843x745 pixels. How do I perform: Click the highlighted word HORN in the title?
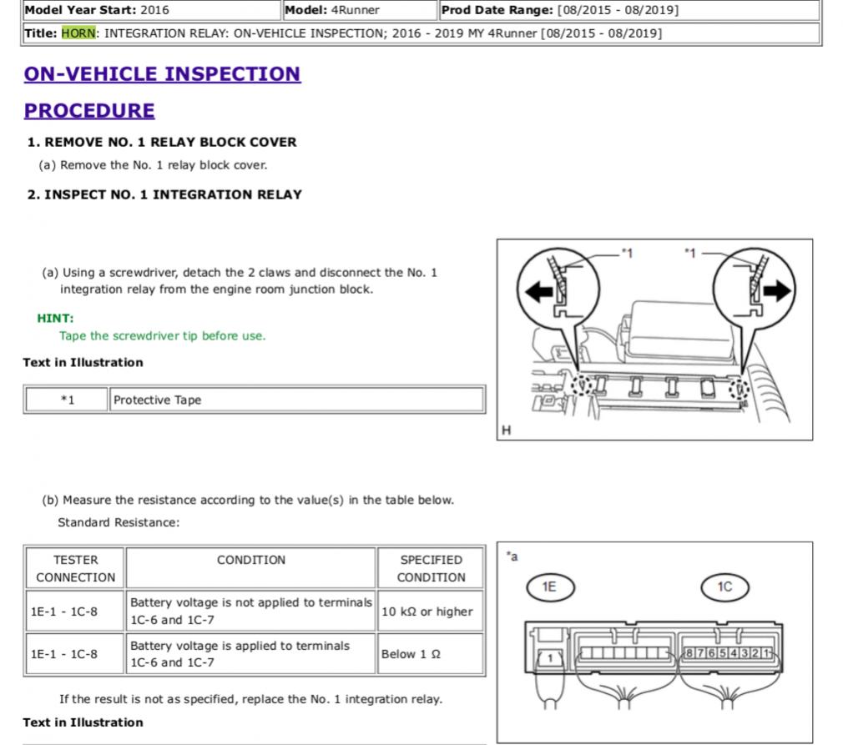(78, 33)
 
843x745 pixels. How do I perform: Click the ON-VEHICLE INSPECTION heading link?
(163, 74)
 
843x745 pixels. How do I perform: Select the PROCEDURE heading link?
(89, 111)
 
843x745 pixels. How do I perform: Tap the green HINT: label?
(55, 318)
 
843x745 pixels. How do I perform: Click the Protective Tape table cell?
(296, 400)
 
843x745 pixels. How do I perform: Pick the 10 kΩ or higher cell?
(430, 612)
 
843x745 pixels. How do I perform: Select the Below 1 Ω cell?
(430, 653)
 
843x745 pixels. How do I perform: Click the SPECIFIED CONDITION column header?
(431, 568)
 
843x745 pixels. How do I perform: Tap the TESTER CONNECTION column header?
(75, 568)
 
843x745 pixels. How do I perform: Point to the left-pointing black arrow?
(538, 292)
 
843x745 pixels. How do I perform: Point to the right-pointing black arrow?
(777, 291)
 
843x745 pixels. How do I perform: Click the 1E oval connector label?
(550, 587)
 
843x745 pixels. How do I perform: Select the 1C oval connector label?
(724, 587)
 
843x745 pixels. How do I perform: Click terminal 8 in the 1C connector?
(689, 653)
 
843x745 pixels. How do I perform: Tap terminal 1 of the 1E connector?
(550, 658)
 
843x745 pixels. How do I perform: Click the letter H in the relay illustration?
(506, 430)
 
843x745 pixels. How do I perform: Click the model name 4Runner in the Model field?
(356, 10)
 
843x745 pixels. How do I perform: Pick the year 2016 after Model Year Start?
(154, 10)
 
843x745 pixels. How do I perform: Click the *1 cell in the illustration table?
(68, 400)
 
